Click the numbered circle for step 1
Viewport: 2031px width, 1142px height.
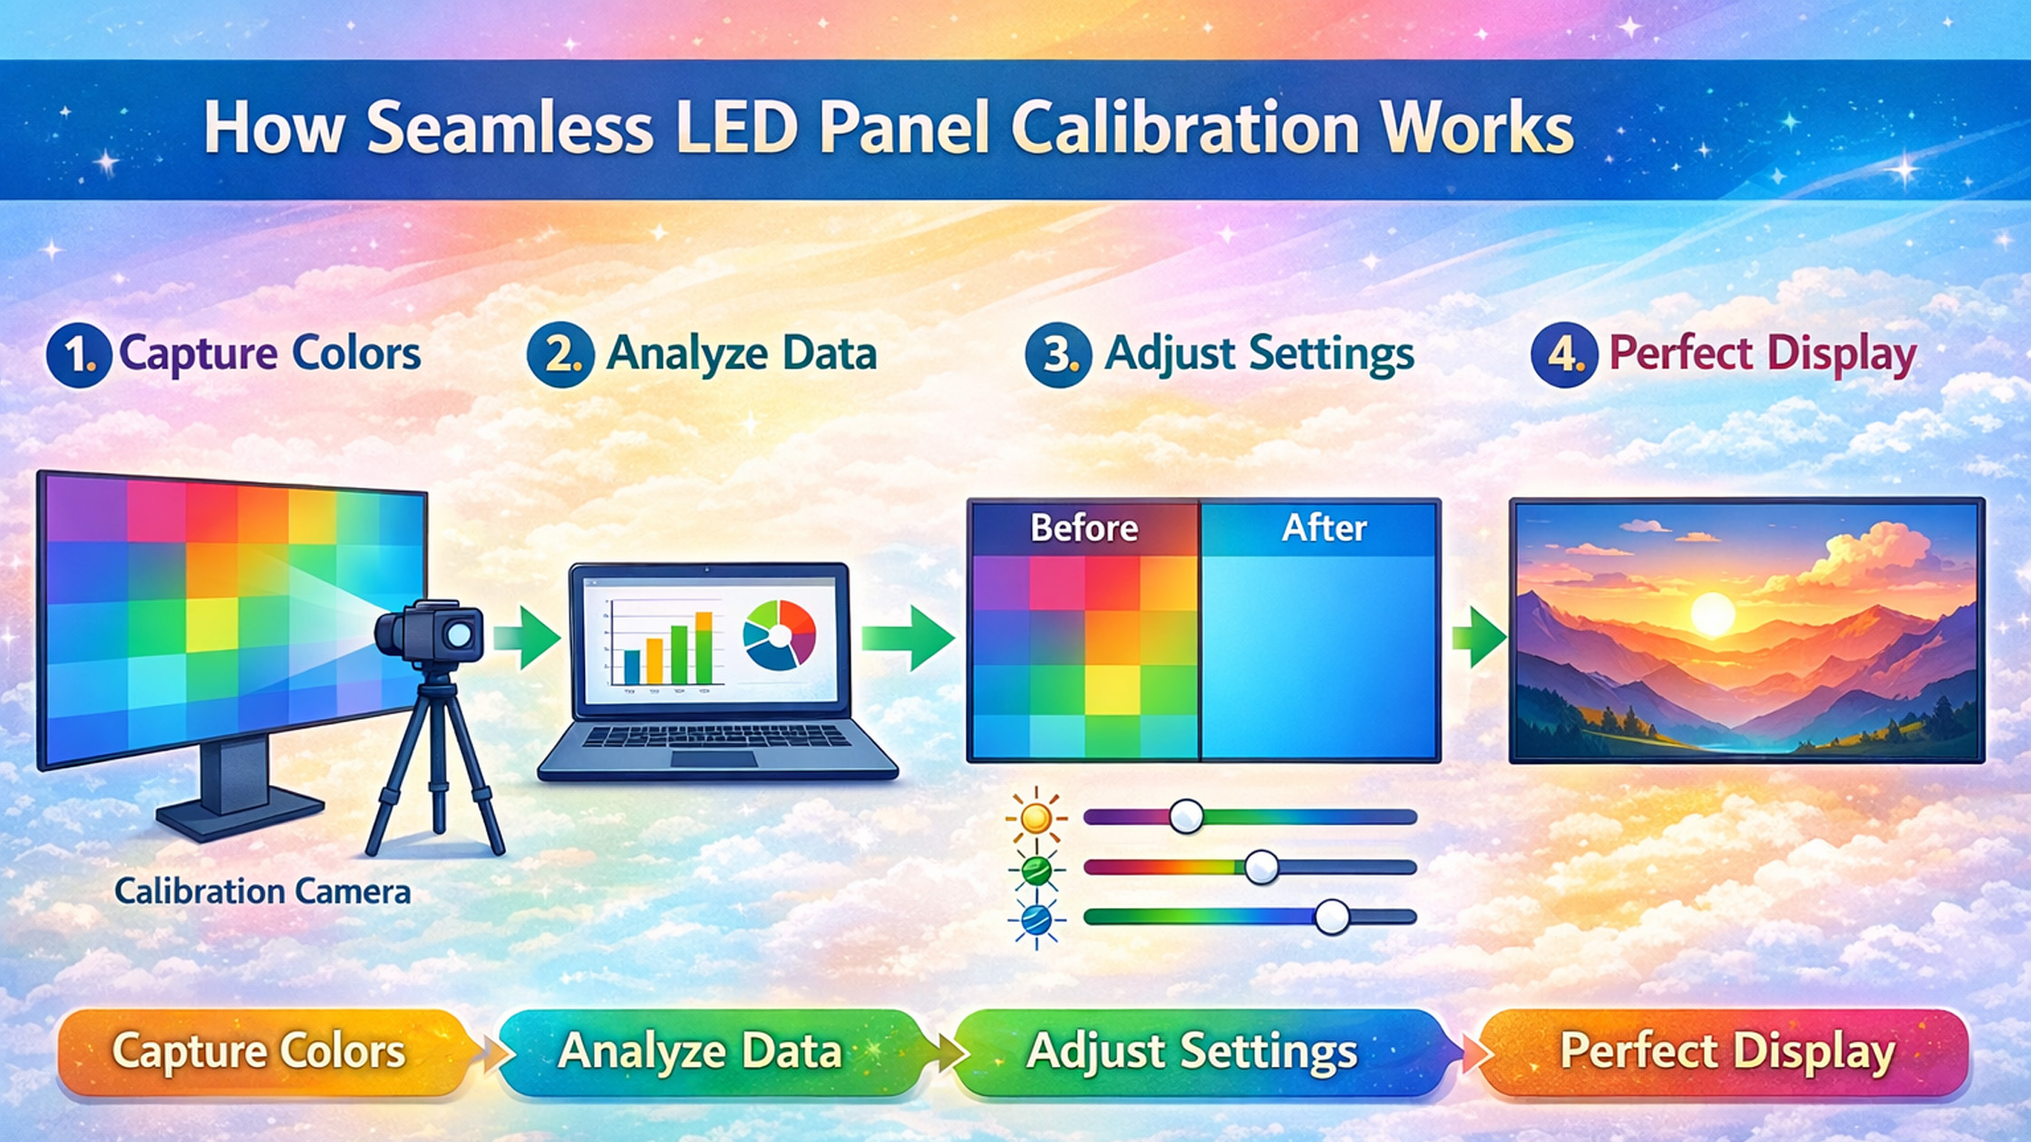(x=79, y=354)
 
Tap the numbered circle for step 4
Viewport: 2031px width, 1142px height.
(x=1564, y=354)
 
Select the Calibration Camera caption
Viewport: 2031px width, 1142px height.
(x=263, y=892)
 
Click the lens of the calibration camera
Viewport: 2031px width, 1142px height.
(x=460, y=634)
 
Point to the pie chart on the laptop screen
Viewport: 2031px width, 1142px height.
(x=779, y=634)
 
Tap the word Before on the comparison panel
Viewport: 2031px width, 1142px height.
(x=1084, y=527)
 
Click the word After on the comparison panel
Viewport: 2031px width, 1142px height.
(x=1324, y=527)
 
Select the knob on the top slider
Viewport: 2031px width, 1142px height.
(x=1186, y=817)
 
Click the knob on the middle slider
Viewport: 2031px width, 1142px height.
(x=1261, y=867)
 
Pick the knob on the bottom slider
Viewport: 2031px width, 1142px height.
(x=1332, y=917)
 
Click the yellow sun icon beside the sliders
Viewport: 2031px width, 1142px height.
(x=1035, y=818)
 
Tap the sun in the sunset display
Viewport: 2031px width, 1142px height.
(x=1713, y=613)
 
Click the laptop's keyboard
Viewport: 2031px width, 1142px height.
(x=716, y=736)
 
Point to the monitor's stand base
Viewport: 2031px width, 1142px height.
(x=240, y=814)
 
